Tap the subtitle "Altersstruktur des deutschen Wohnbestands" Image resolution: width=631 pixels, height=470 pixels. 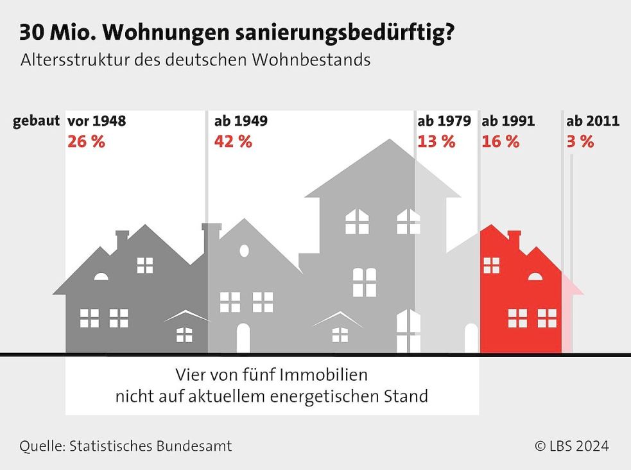(196, 60)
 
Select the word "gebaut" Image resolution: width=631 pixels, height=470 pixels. (37, 121)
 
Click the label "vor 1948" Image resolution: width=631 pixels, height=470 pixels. (96, 121)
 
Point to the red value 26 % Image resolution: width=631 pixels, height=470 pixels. (86, 142)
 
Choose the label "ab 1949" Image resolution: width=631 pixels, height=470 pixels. (241, 121)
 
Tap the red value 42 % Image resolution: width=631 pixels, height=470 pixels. (233, 142)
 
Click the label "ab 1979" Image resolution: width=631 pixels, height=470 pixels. (444, 121)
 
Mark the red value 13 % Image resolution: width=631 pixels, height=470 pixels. (437, 142)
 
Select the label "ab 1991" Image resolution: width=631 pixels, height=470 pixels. (508, 121)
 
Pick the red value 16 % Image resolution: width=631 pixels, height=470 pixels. (501, 142)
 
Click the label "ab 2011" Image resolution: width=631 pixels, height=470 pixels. (592, 121)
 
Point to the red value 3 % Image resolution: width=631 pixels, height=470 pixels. (580, 142)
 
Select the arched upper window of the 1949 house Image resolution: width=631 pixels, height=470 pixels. (244, 251)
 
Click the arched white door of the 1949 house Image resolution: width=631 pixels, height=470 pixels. (243, 338)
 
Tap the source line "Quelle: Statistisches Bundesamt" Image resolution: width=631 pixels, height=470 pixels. (126, 446)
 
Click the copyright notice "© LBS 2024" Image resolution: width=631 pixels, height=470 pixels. (572, 446)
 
